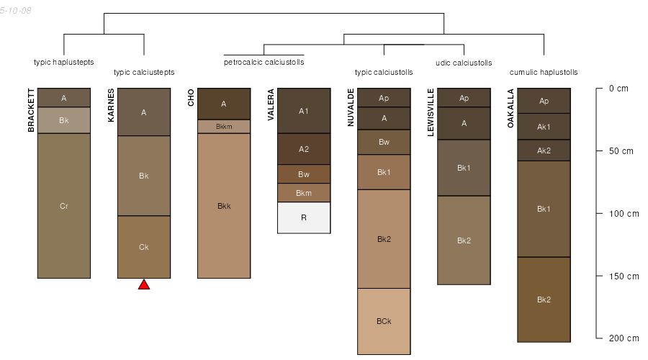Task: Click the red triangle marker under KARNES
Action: click(144, 285)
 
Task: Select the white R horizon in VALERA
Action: click(304, 218)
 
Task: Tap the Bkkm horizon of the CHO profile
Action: click(224, 127)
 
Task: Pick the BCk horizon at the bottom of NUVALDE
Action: click(384, 321)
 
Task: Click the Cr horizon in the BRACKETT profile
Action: click(64, 206)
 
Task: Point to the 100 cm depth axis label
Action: click(624, 214)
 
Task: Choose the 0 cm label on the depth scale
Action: click(618, 89)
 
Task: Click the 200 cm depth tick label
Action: click(624, 338)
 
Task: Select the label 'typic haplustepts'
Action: click(63, 62)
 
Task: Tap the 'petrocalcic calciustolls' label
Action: click(264, 62)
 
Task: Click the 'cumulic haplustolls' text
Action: click(544, 72)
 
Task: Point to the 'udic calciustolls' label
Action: click(464, 63)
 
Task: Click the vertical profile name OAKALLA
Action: click(510, 108)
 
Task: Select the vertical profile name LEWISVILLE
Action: click(431, 112)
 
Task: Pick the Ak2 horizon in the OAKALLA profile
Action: click(544, 150)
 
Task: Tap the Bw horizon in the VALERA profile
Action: click(304, 174)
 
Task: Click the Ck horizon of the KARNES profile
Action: click(144, 247)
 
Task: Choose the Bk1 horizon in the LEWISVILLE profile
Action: click(464, 168)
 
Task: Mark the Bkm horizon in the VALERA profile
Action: click(304, 193)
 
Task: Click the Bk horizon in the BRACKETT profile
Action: click(64, 120)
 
